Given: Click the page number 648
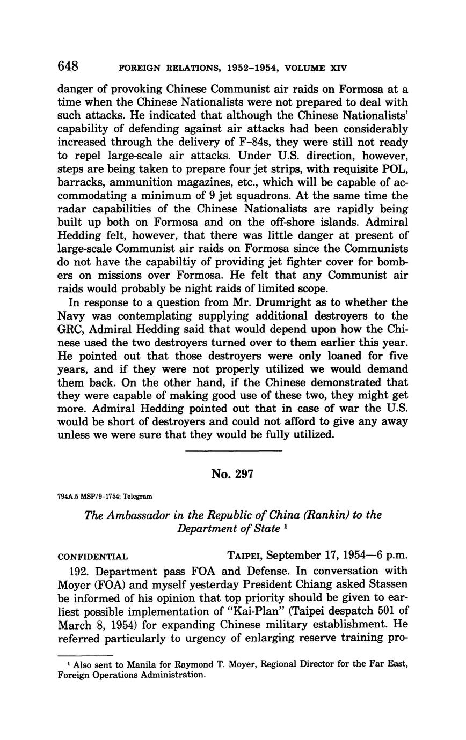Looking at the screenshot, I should point(68,66).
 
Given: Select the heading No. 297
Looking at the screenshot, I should point(232,474).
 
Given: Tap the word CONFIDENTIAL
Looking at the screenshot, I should point(92,557).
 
